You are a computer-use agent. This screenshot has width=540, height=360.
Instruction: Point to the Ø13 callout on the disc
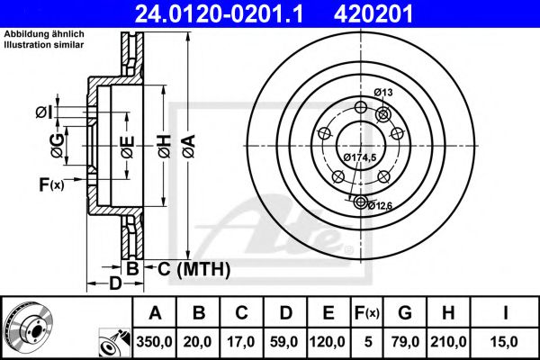point(383,92)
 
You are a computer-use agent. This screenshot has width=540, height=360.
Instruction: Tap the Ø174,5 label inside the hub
point(359,158)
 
